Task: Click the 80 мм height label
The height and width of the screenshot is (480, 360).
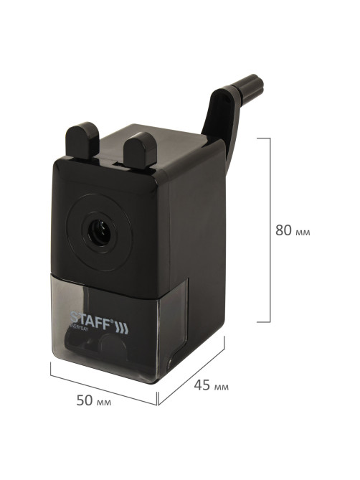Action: click(293, 230)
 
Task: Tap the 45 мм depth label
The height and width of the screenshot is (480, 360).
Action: click(211, 385)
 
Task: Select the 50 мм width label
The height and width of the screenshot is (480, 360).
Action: click(94, 400)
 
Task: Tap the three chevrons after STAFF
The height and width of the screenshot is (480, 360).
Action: click(122, 329)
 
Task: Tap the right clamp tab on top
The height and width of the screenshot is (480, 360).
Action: click(140, 150)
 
